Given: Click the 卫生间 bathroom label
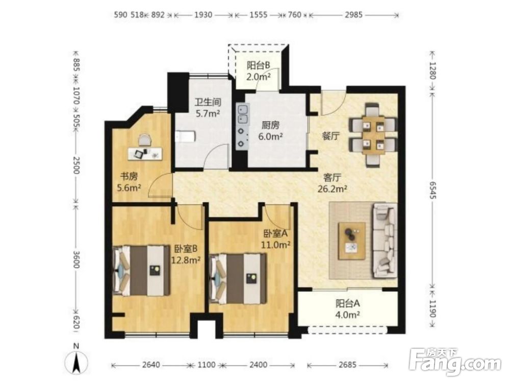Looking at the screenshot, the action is click(x=208, y=102).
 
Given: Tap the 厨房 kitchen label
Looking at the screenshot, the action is click(x=271, y=125).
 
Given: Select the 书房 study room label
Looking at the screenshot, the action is click(x=129, y=177).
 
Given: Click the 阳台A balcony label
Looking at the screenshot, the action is click(x=348, y=303).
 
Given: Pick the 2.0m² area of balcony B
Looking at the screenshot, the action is click(x=259, y=77).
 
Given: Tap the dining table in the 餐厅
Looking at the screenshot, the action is click(x=373, y=135).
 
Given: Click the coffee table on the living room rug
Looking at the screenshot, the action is click(x=351, y=241).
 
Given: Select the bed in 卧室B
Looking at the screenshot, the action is click(x=141, y=271).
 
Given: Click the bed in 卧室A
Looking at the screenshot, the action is click(x=238, y=278).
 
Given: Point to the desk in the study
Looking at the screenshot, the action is click(x=145, y=153).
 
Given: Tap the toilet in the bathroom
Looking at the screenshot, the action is click(x=185, y=136).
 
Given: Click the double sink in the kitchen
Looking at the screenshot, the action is click(x=243, y=114).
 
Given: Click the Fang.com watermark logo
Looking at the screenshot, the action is click(x=455, y=362).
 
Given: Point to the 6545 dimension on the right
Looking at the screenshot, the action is click(x=432, y=190).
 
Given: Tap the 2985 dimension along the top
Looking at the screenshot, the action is click(x=354, y=15).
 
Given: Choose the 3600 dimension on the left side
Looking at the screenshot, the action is click(x=76, y=259).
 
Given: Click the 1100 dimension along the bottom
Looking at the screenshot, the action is click(x=206, y=365).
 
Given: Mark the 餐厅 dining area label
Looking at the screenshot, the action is click(x=331, y=136).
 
